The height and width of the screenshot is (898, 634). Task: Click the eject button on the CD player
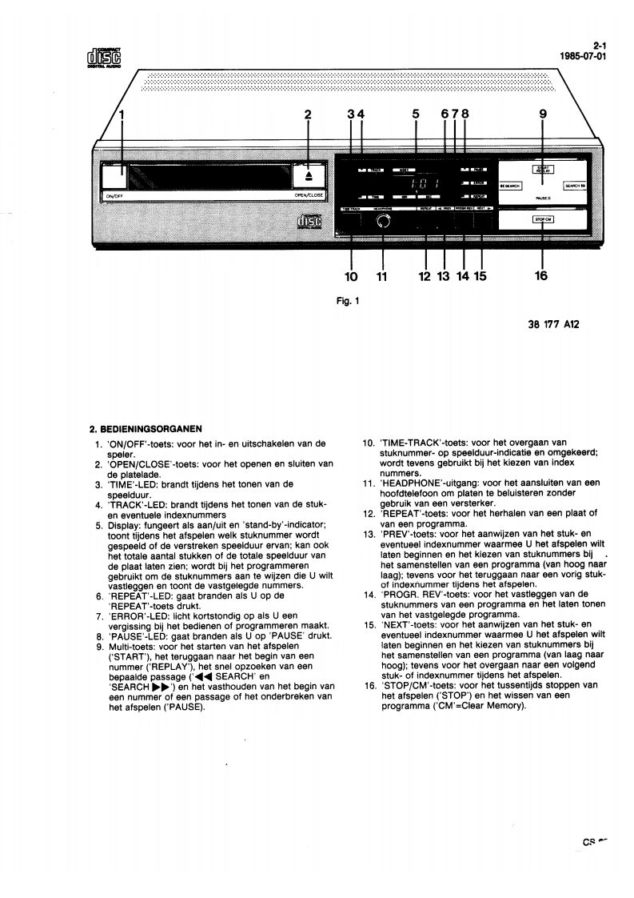point(308,174)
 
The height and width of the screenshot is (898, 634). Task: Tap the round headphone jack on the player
point(384,222)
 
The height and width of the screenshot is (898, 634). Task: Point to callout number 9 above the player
point(543,114)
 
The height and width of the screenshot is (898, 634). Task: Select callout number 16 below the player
point(542,276)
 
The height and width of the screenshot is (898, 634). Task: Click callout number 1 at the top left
point(123,114)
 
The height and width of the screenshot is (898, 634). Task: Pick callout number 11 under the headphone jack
point(382,277)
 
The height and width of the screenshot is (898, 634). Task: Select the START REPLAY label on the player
point(543,170)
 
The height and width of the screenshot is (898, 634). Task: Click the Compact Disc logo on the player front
point(309,222)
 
